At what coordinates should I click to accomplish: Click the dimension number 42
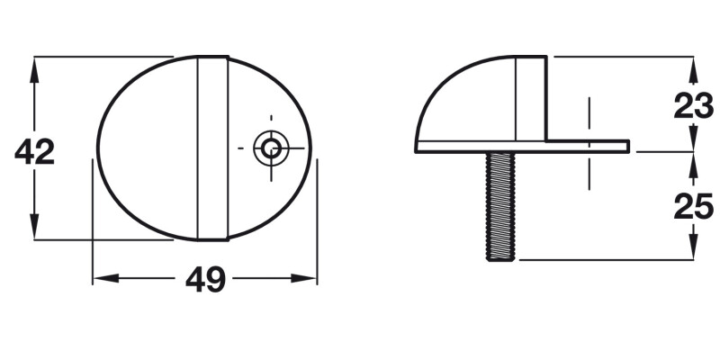(35, 152)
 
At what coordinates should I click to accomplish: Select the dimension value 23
(695, 106)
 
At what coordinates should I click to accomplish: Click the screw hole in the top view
(267, 147)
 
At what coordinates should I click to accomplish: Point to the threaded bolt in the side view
(501, 205)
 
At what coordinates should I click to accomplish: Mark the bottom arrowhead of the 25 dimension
(694, 253)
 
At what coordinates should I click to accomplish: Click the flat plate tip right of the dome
(621, 144)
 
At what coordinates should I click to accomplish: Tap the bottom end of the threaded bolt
(501, 258)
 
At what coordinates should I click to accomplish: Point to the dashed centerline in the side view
(588, 144)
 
